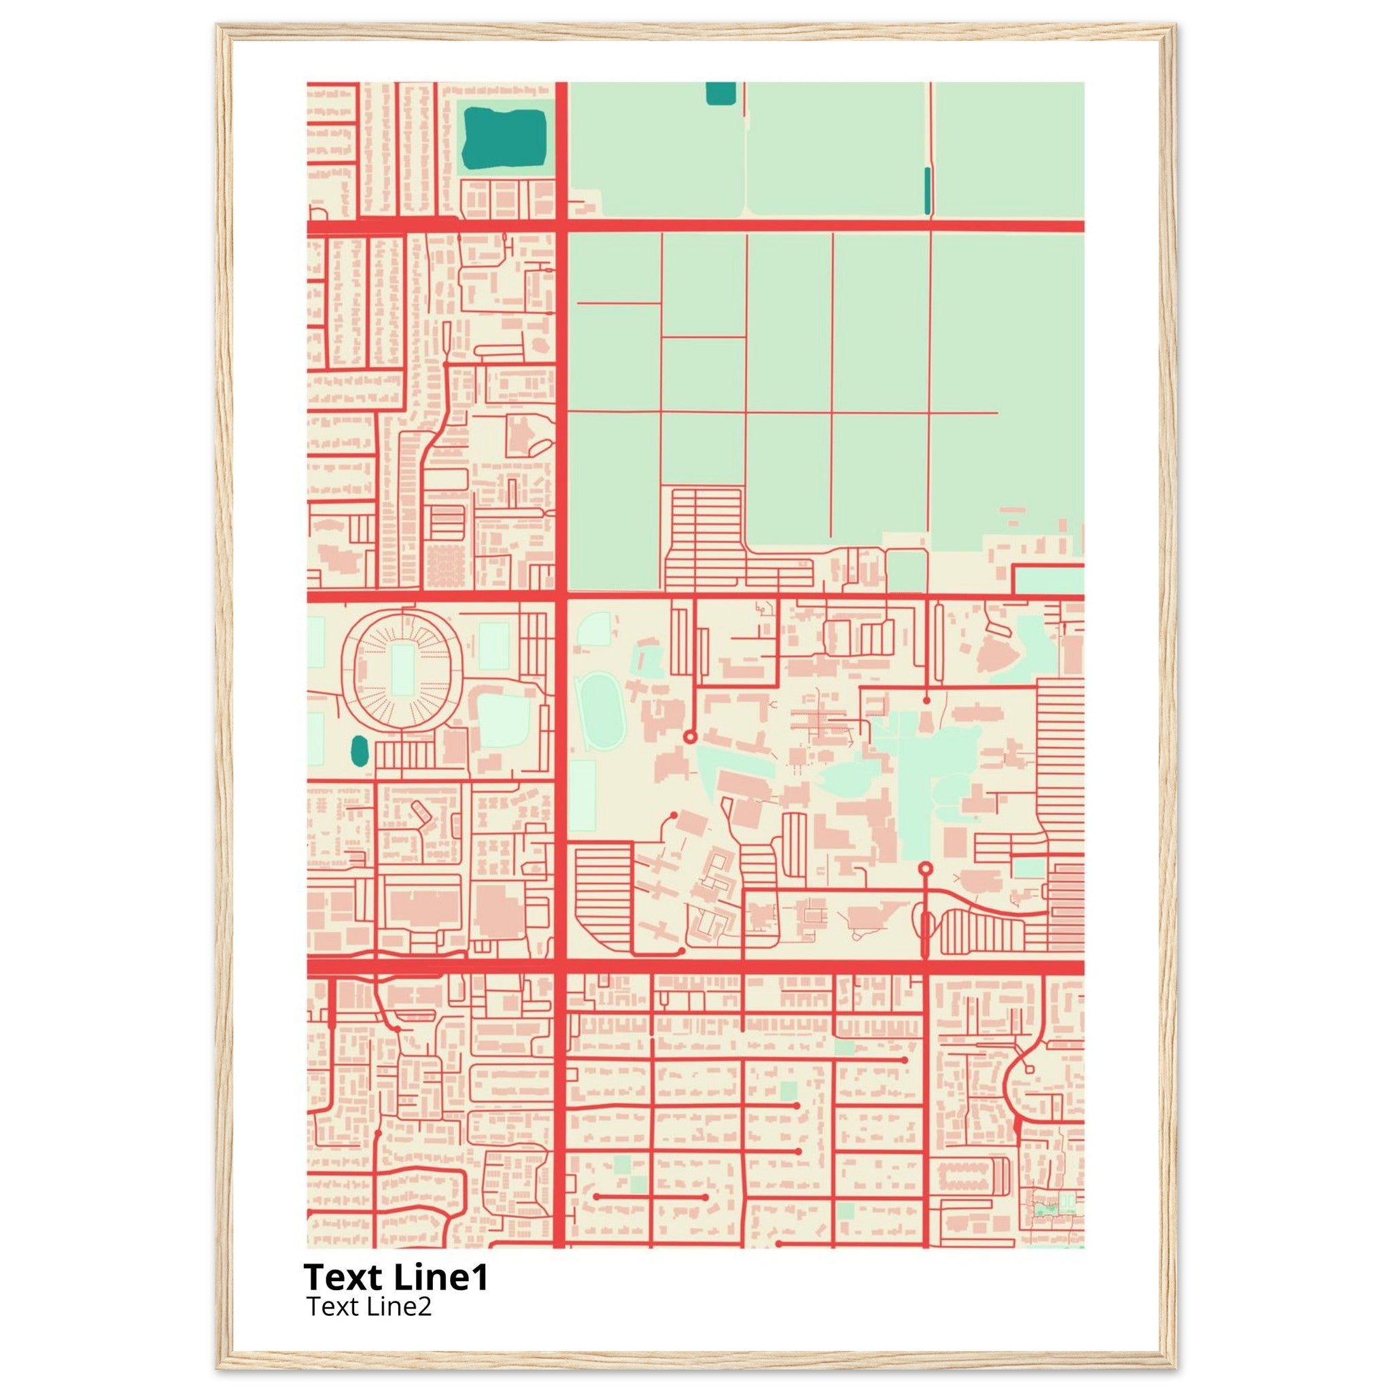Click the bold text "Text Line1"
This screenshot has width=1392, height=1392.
point(396,1277)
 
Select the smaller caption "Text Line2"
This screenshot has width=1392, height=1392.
point(368,1306)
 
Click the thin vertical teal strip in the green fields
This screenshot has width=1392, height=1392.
point(927,190)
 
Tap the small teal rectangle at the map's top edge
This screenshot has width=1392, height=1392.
point(720,93)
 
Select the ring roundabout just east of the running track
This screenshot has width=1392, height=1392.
point(689,736)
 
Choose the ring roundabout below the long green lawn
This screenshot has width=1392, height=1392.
point(926,868)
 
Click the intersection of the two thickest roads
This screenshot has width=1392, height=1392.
point(561,967)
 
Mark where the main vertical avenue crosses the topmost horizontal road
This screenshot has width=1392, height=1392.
point(561,226)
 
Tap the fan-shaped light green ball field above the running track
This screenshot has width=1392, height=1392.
point(595,629)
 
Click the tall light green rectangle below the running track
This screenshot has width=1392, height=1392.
point(582,795)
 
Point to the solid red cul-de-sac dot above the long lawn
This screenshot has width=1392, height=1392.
point(926,699)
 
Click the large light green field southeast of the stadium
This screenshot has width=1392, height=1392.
point(504,720)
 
